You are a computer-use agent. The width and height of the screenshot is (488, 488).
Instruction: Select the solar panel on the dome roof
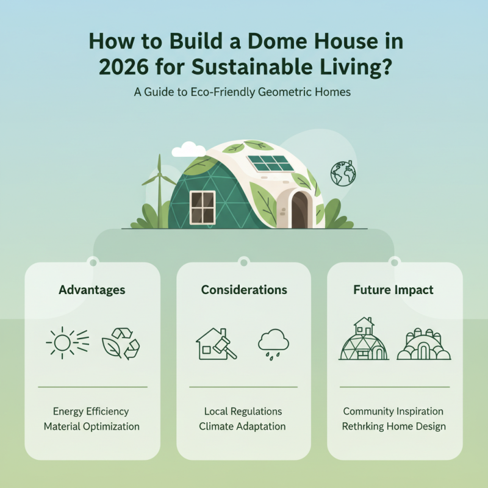(x=270, y=163)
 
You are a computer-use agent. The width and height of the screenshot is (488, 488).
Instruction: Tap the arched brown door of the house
(x=300, y=209)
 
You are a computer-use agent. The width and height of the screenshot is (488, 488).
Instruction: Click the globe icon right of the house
(x=342, y=173)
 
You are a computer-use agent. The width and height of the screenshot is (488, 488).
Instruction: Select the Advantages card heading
(x=92, y=290)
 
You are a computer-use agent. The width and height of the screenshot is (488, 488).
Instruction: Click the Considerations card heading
(x=244, y=290)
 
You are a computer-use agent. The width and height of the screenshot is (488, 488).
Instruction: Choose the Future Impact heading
(x=393, y=290)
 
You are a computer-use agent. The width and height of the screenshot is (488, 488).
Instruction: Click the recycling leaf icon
(x=121, y=343)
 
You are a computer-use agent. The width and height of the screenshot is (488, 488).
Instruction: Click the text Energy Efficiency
(x=91, y=411)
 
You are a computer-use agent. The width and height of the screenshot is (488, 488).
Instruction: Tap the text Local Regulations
(x=243, y=411)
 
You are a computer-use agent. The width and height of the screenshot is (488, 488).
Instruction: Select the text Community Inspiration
(x=393, y=411)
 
